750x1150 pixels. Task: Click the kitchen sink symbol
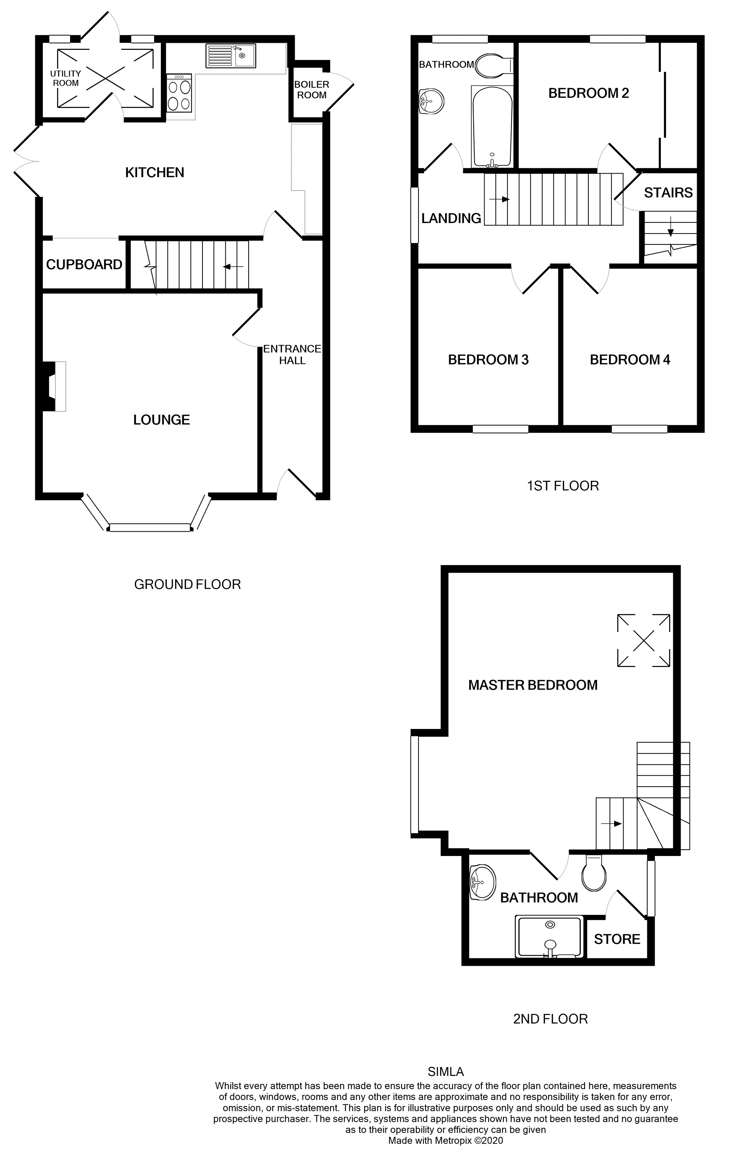pos(231,55)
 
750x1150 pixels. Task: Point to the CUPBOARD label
pos(84,265)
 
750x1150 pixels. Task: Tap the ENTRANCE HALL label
pos(292,355)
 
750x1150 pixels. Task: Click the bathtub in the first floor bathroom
pos(492,127)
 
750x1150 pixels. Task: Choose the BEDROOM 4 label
pos(630,360)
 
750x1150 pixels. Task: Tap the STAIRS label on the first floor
pos(668,193)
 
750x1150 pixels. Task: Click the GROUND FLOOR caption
pos(187,585)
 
